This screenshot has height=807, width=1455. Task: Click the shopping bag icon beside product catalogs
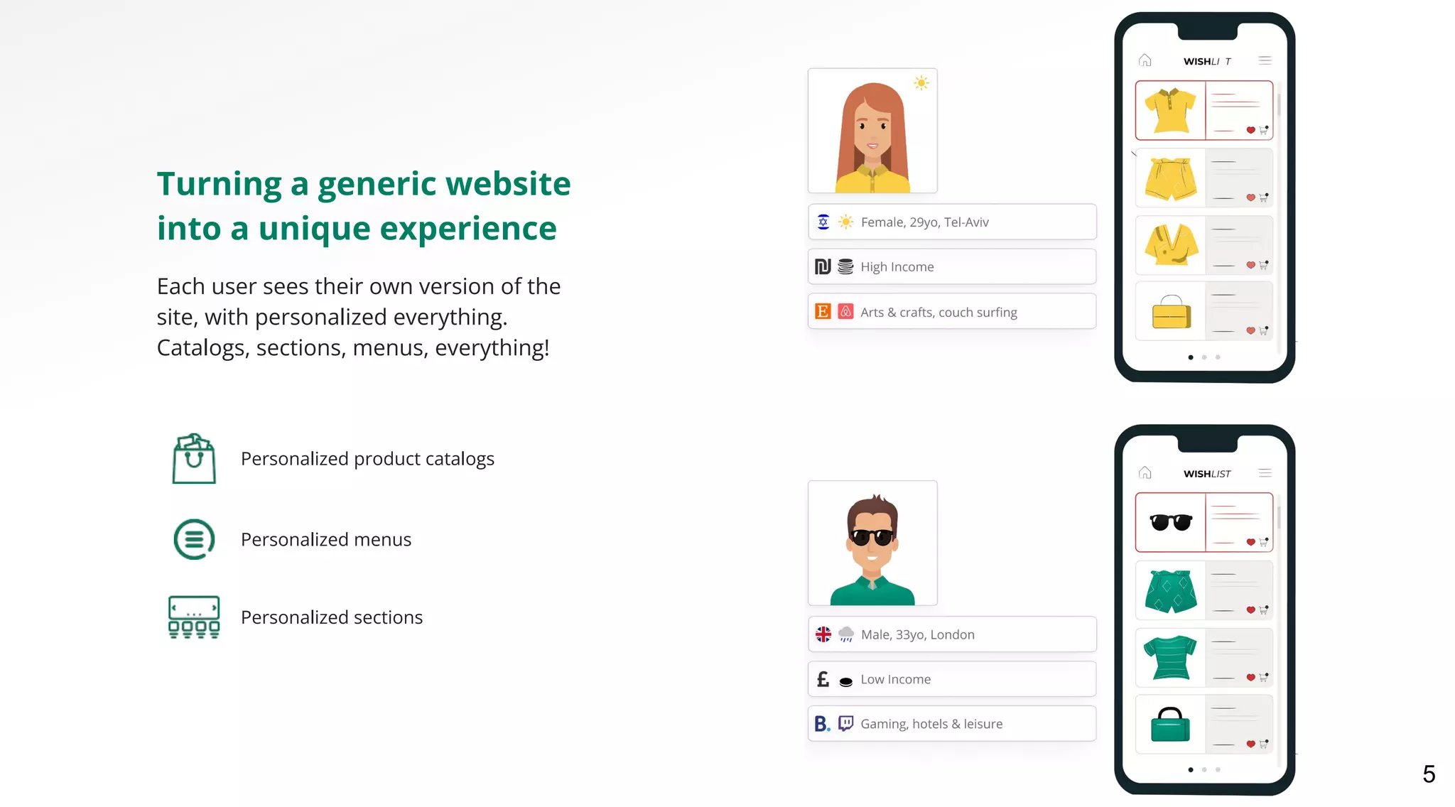tap(194, 459)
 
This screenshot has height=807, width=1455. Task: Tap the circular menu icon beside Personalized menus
tap(194, 539)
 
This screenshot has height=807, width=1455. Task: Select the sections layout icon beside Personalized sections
tap(194, 617)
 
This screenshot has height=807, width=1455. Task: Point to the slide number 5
tap(1429, 774)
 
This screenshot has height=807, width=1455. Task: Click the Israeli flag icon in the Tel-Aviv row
tap(823, 222)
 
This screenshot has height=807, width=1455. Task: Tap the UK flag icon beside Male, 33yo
tap(823, 634)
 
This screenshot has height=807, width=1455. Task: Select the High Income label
tap(897, 267)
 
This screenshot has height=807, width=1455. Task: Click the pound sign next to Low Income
tap(823, 679)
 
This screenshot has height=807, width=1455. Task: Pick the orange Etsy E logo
tap(823, 311)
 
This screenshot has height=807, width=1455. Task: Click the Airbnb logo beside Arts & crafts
tap(845, 311)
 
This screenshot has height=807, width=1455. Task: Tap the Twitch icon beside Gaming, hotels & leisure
tap(845, 723)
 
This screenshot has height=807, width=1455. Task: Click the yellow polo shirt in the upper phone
tap(1170, 110)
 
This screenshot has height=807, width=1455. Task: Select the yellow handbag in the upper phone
tap(1171, 313)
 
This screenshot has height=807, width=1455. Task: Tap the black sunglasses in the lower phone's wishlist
tap(1171, 522)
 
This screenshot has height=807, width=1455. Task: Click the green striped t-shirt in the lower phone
tap(1170, 657)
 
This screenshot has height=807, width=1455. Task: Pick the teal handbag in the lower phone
tap(1170, 725)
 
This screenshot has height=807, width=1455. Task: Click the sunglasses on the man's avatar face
tap(872, 536)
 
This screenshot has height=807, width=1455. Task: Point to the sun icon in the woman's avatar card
tap(921, 83)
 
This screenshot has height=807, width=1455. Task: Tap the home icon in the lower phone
tap(1145, 472)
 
